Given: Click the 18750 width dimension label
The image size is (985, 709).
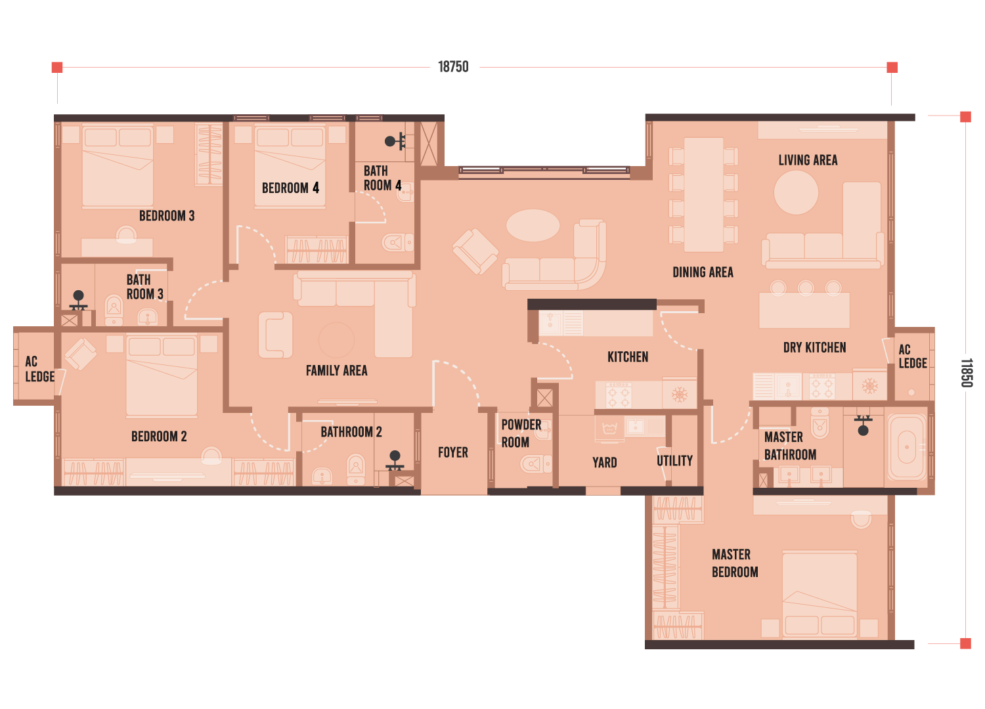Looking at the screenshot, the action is pyautogui.click(x=453, y=67).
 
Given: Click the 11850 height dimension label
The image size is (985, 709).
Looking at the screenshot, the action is pyautogui.click(x=966, y=373).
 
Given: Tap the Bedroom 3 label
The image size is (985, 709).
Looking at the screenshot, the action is pyautogui.click(x=167, y=216).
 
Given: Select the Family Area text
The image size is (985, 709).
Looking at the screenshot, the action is pyautogui.click(x=336, y=370).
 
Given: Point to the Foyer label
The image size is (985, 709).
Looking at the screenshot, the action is pyautogui.click(x=453, y=452).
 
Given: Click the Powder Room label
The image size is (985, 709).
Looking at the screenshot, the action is pyautogui.click(x=521, y=433).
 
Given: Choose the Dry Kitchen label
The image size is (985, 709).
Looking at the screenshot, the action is pyautogui.click(x=814, y=348).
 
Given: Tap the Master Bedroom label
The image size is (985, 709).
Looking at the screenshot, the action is pyautogui.click(x=735, y=563).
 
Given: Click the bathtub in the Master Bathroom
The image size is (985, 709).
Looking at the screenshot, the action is pyautogui.click(x=907, y=447).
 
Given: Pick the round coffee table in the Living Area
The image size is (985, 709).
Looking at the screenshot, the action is pyautogui.click(x=796, y=192).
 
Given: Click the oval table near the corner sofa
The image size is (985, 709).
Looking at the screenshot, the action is pyautogui.click(x=533, y=225).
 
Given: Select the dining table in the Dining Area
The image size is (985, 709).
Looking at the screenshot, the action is pyautogui.click(x=703, y=195).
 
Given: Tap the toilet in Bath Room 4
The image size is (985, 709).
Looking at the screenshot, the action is pyautogui.click(x=397, y=242).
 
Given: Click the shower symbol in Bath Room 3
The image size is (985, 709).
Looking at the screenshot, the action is pyautogui.click(x=78, y=301).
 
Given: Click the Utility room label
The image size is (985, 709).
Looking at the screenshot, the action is pyautogui.click(x=674, y=461).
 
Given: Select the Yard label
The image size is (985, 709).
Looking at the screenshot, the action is pyautogui.click(x=605, y=462).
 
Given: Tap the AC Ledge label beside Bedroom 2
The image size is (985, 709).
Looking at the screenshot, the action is pyautogui.click(x=40, y=369).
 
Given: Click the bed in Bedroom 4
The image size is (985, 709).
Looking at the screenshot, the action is pyautogui.click(x=290, y=166).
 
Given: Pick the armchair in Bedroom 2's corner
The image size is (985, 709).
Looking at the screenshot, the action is pyautogui.click(x=81, y=354).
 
